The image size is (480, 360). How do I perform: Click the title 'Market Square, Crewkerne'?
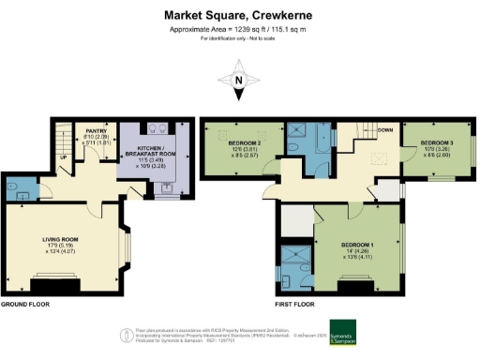pos(239,15)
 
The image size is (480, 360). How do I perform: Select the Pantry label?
pos(94,135)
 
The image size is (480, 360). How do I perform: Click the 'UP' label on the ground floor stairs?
pos(64,157)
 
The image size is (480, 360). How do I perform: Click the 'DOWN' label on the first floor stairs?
pos(384,129)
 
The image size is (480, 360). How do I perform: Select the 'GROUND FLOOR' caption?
pos(25,306)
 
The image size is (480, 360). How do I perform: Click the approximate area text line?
pos(239,30)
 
